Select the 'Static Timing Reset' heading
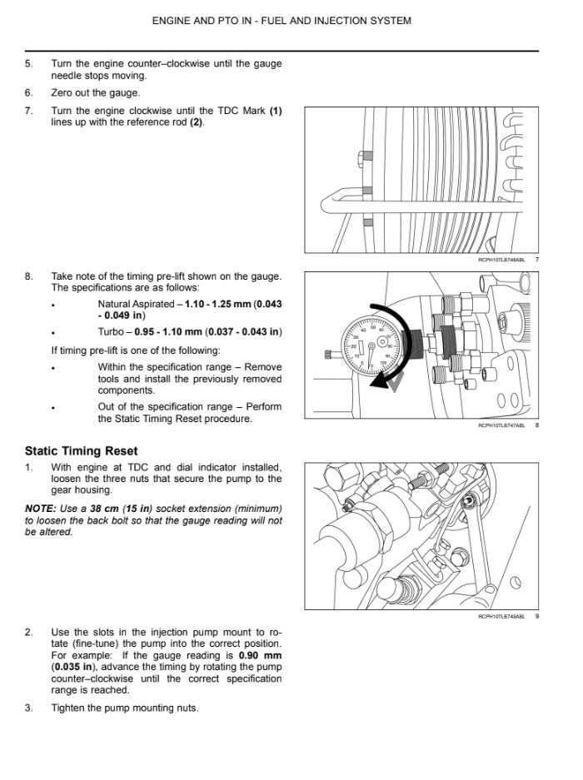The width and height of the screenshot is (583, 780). tap(81, 451)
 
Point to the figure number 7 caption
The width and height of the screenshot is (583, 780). tap(537, 260)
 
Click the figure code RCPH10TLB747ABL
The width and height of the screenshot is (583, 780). tap(501, 425)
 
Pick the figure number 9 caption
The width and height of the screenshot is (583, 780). tap(537, 617)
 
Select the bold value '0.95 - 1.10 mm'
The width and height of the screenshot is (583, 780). tap(171, 332)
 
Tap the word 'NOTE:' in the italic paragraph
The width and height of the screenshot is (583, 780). tap(41, 509)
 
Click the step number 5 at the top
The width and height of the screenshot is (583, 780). tap(29, 63)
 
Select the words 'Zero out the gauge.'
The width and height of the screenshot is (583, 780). tap(96, 92)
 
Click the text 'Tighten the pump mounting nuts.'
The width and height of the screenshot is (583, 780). tap(125, 708)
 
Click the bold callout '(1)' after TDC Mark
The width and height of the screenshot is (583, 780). tap(275, 111)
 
